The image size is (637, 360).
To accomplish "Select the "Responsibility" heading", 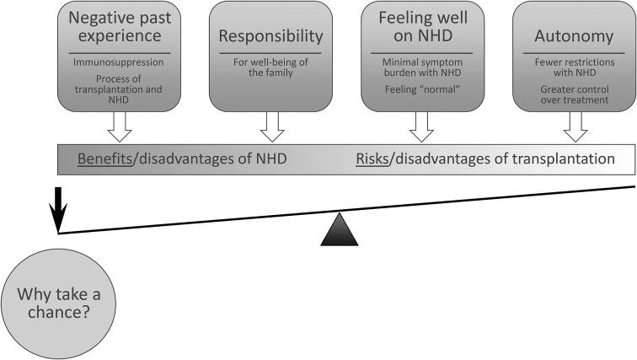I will click(270, 36).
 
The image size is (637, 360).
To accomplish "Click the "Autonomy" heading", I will click(573, 36).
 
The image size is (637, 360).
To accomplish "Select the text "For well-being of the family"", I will click(270, 68).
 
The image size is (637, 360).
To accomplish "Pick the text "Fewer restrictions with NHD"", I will click(573, 68).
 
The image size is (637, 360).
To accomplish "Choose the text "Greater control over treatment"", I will click(573, 94).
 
